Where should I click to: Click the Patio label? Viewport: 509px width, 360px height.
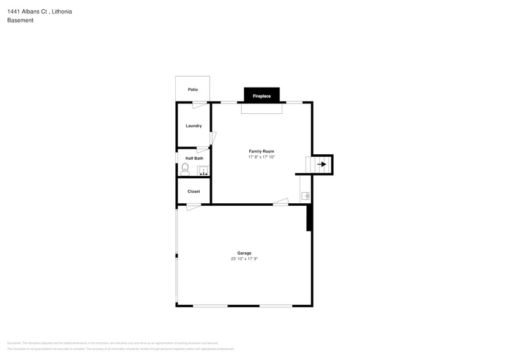(193, 89)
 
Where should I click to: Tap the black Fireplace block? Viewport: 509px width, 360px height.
(262, 96)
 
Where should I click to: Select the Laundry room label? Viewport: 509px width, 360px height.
(194, 126)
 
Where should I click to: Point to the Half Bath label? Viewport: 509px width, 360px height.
(194, 158)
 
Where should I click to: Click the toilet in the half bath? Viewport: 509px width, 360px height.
(185, 168)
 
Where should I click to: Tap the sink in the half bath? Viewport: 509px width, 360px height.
(203, 170)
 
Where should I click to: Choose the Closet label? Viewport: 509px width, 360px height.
(194, 192)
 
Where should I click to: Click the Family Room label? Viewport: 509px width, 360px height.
(261, 151)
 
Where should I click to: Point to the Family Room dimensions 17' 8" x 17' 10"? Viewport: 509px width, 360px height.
(261, 157)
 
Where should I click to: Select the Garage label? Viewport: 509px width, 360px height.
(244, 253)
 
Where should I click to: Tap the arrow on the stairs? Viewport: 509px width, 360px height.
(322, 164)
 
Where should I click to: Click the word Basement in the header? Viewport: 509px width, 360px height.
(20, 20)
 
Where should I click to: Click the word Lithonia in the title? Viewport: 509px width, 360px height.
(62, 11)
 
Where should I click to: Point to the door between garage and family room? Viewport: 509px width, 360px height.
(281, 201)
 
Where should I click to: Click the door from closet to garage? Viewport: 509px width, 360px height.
(194, 207)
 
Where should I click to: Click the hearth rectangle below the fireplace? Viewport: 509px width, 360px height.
(262, 108)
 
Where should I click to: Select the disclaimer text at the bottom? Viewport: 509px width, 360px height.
(121, 346)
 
